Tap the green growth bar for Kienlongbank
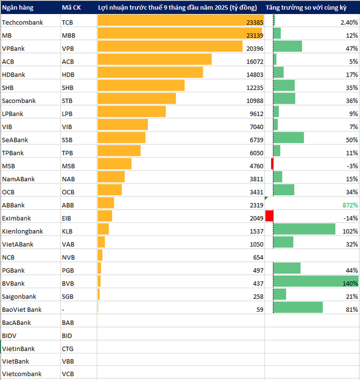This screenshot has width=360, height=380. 304,229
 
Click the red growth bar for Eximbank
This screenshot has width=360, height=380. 269,216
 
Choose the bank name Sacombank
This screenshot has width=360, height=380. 19,100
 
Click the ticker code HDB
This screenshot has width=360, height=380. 67,74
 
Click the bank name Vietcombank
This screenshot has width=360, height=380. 21,374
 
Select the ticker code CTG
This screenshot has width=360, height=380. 67,348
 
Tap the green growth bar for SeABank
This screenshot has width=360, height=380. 289,137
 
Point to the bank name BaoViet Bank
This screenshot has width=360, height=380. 22,310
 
